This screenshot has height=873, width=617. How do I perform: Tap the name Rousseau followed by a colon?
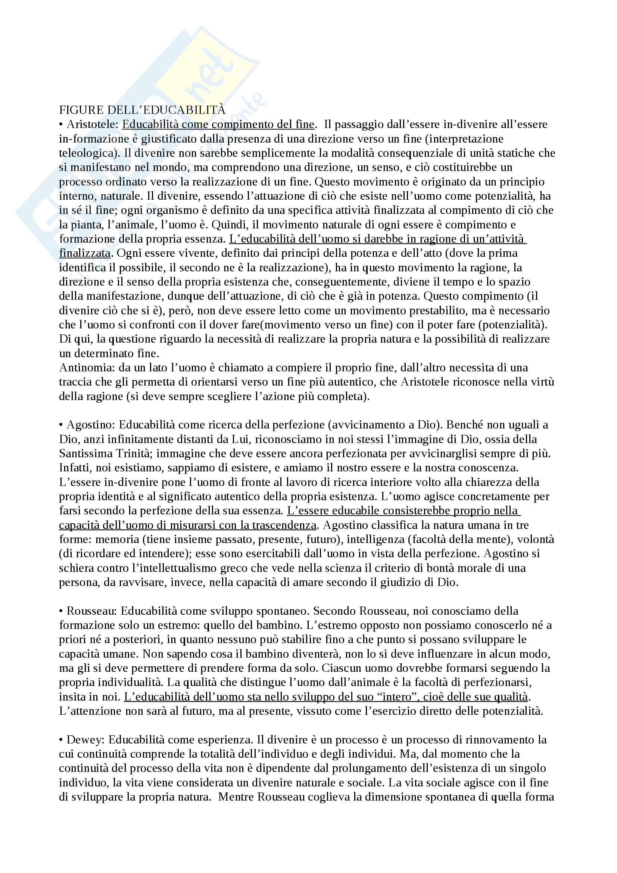pos(91,611)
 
